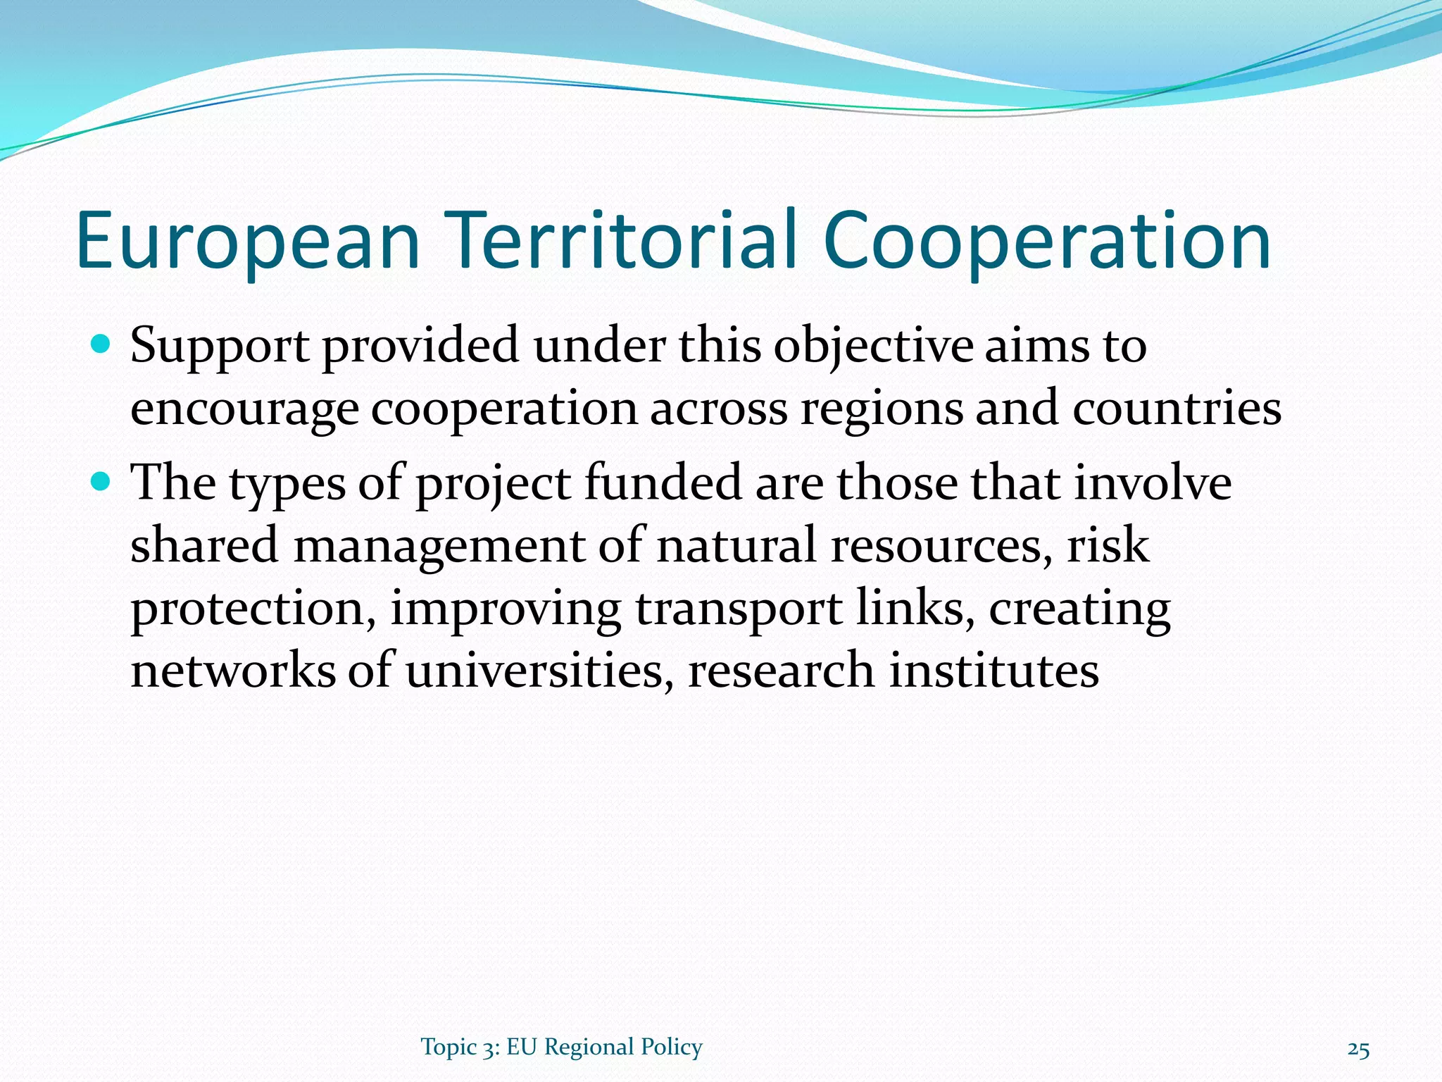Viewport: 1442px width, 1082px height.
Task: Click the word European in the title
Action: pyautogui.click(x=249, y=241)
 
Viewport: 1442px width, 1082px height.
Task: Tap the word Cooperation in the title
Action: pyautogui.click(x=1046, y=241)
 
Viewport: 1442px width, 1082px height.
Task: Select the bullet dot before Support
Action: pyautogui.click(x=101, y=344)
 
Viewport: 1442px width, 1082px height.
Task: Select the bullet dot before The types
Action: pyautogui.click(x=101, y=482)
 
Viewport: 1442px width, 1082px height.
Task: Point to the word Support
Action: pyautogui.click(x=220, y=347)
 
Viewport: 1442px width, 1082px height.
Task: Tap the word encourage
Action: pyautogui.click(x=244, y=409)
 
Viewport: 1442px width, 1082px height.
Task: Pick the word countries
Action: pyautogui.click(x=1177, y=408)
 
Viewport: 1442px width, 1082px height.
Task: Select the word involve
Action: pyautogui.click(x=1153, y=483)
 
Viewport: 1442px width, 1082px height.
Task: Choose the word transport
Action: pyautogui.click(x=739, y=609)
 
